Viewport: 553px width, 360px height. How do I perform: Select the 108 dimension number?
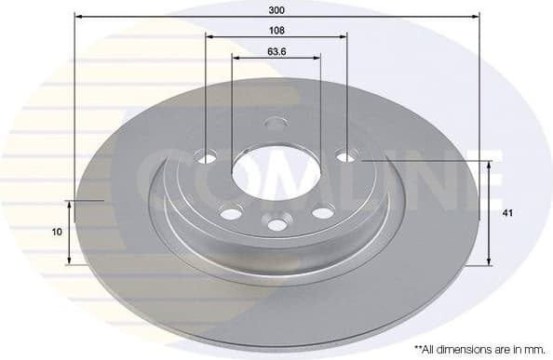point(276,30)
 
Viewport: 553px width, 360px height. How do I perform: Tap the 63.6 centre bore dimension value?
point(276,51)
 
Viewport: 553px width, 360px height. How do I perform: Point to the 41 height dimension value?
point(507,213)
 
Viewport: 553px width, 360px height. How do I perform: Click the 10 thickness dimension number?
point(58,232)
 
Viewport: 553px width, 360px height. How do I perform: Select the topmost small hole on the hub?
point(276,123)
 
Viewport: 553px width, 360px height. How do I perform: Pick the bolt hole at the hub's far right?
point(346,155)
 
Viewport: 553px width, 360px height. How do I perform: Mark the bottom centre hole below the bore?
point(276,223)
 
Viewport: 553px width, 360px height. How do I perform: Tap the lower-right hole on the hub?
point(323,213)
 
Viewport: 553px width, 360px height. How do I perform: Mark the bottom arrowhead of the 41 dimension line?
point(490,261)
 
